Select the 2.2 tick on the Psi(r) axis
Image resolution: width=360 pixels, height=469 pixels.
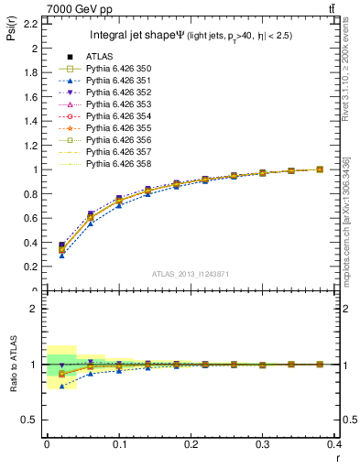(30, 24)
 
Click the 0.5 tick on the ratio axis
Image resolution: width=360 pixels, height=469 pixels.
(30, 420)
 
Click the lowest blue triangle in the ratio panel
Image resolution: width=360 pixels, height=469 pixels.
(62, 386)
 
